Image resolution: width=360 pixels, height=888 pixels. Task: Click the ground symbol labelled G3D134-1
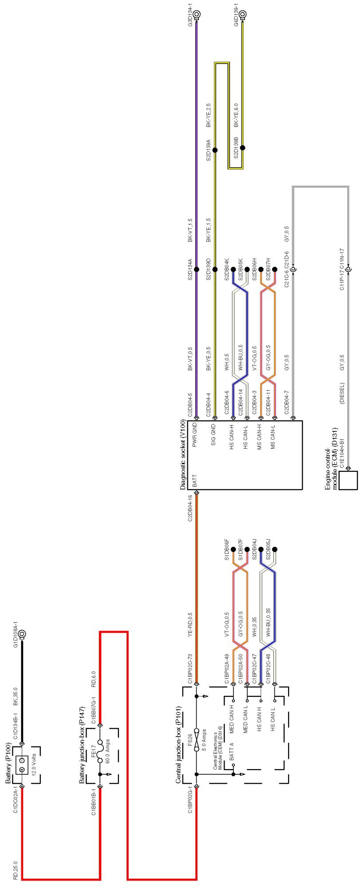[197, 14]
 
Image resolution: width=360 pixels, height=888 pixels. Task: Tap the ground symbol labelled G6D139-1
[243, 14]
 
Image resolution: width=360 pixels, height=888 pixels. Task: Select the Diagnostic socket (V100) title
[183, 455]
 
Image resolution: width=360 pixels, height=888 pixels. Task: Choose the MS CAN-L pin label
[273, 437]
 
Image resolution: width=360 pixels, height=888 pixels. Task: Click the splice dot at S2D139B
[243, 148]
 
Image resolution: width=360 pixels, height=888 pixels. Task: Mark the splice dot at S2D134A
[197, 269]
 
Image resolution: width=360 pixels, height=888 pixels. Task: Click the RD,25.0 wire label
[15, 870]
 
